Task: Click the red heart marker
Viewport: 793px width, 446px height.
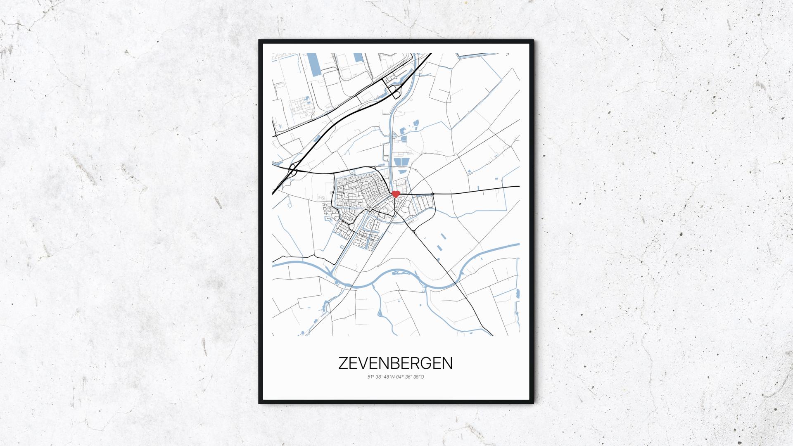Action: point(395,194)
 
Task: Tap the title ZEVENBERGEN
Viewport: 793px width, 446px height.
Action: point(395,363)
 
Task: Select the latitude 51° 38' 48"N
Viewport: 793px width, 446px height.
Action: point(381,377)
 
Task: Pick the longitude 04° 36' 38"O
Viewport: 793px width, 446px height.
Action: point(410,377)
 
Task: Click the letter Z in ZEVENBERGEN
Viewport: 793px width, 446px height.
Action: point(343,363)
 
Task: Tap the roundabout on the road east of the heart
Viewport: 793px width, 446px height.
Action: point(432,193)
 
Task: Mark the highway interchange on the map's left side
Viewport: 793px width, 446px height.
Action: point(292,170)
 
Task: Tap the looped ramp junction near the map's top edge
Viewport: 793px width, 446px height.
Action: point(394,92)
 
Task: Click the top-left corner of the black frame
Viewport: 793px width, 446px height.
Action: point(260,41)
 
